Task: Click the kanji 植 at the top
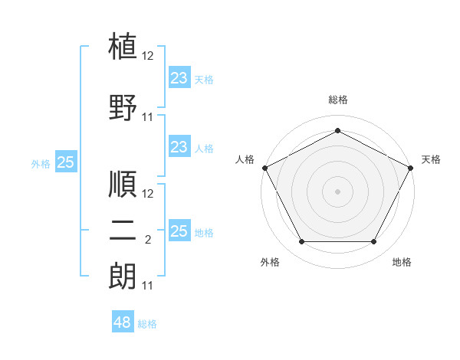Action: click(x=123, y=46)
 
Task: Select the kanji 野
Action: click(x=123, y=107)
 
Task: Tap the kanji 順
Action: click(x=123, y=184)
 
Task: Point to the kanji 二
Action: click(x=123, y=231)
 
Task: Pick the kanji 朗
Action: click(x=123, y=276)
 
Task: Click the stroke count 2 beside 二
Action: click(x=148, y=240)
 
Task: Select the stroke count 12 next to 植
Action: click(x=147, y=56)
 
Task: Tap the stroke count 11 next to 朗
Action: click(x=147, y=286)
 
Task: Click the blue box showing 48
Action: click(x=123, y=321)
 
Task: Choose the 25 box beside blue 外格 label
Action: click(x=66, y=162)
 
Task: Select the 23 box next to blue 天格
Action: click(x=180, y=77)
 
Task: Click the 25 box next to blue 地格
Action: click(x=180, y=230)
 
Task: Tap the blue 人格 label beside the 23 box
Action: click(x=204, y=149)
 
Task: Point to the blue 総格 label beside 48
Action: click(x=147, y=324)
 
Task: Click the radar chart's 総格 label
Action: click(x=338, y=100)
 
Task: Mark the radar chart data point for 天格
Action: click(x=411, y=168)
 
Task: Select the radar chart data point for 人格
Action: click(x=265, y=168)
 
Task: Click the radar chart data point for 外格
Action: click(x=302, y=242)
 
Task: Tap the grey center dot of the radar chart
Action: click(x=337, y=191)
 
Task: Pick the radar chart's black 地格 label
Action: click(x=402, y=262)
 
